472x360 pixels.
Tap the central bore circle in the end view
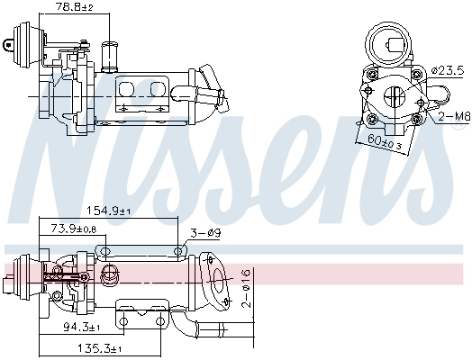tap(395, 96)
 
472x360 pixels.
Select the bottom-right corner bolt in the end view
tap(418, 117)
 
